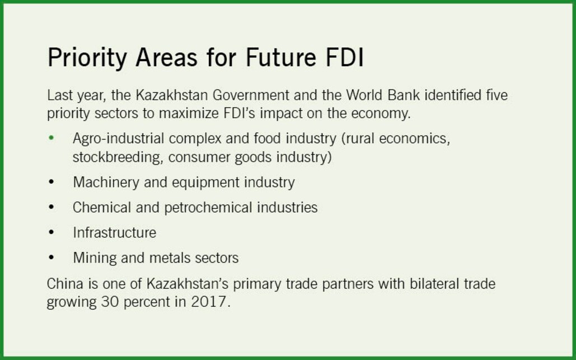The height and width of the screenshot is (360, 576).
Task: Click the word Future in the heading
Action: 280,57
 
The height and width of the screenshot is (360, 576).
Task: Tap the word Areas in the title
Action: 166,57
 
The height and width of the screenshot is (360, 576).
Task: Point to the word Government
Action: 251,95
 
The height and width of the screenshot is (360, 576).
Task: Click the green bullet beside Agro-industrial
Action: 51,138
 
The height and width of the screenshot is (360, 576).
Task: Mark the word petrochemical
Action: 208,208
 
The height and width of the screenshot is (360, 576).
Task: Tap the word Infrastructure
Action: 114,232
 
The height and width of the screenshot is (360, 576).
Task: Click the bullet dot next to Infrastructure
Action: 51,232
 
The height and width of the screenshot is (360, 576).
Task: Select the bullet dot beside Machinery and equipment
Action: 51,182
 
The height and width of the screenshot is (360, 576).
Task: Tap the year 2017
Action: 209,302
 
